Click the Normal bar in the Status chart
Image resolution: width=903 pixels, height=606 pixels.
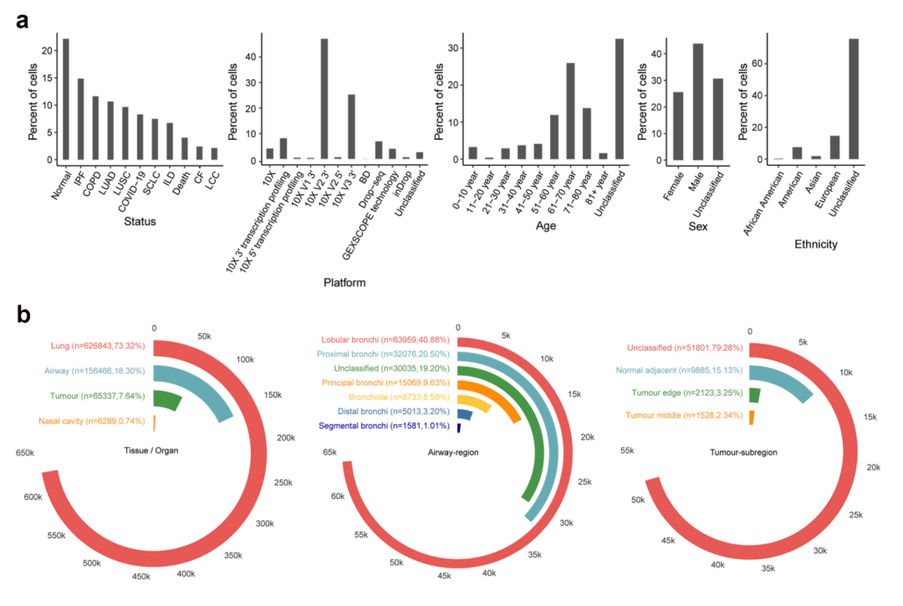(66, 99)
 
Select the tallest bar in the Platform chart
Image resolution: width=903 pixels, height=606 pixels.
(324, 99)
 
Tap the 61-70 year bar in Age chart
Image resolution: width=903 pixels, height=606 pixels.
(570, 110)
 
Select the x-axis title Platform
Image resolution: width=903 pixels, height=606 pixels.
(344, 283)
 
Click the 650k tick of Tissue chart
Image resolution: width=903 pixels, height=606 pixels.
(24, 453)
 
